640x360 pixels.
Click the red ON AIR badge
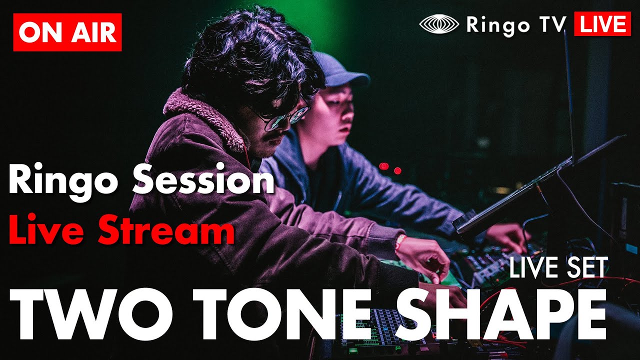[67, 32]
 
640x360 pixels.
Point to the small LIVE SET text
[558, 268]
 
